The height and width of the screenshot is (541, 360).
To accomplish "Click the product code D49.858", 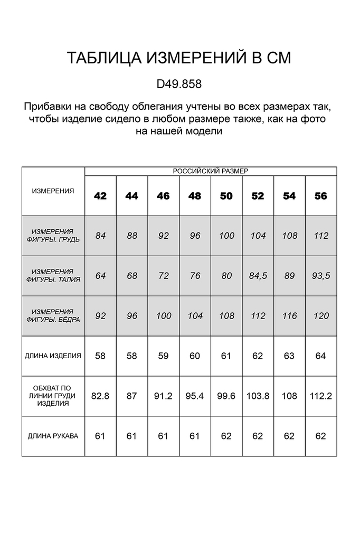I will pos(179,84).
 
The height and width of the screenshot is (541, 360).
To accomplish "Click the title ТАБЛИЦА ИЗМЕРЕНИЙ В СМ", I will pos(179,58).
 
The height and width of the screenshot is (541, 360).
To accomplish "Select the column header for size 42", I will pos(100,196).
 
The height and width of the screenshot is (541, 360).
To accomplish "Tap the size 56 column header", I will pos(321,196).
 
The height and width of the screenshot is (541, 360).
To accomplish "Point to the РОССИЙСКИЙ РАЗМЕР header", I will pos(211,171).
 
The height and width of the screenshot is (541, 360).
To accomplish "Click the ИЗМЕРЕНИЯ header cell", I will pos(53,191).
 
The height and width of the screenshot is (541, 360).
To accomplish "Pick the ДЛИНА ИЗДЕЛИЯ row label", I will pos(53,356).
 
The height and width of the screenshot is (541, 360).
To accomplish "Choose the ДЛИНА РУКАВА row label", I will pos(53,436).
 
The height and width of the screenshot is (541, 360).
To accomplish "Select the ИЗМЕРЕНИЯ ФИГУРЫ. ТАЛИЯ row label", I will pos(53,276).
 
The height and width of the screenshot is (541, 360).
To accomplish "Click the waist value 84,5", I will pos(258,276).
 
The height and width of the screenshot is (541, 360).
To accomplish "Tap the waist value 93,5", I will pos(321,276).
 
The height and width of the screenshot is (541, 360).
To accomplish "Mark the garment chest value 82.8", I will pos(100,396).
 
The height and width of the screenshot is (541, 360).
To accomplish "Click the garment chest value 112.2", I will pos(321,396).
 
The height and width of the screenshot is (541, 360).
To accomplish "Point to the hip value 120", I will pos(321,316).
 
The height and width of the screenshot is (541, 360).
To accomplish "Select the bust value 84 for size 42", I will pos(100,236).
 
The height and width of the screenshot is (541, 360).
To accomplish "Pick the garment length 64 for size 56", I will pos(321,356).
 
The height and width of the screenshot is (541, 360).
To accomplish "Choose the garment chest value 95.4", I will pos(195,396).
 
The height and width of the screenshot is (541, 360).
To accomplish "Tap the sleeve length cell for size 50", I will pos(226,436).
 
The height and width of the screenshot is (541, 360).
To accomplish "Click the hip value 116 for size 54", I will pos(289,316).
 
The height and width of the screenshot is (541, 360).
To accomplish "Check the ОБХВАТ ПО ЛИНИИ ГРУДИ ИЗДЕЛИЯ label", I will pos(53,396).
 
